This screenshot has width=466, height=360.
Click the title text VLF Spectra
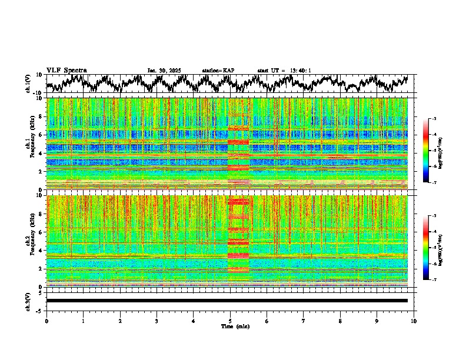click(66, 70)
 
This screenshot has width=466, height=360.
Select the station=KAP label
click(218, 71)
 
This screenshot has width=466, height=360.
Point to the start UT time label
click(284, 71)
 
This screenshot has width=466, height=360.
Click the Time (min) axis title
click(230, 326)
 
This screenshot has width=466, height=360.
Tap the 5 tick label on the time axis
click(230, 321)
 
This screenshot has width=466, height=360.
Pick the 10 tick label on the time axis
click(414, 321)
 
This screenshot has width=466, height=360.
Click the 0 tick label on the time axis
click(46, 321)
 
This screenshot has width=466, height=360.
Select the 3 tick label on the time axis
click(157, 321)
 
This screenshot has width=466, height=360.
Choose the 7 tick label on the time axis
click(304, 321)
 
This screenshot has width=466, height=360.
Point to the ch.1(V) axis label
click(28, 84)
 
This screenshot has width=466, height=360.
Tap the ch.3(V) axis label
click(28, 301)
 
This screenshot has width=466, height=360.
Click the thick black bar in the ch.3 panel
click(227, 301)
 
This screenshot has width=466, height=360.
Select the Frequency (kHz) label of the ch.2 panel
click(35, 241)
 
